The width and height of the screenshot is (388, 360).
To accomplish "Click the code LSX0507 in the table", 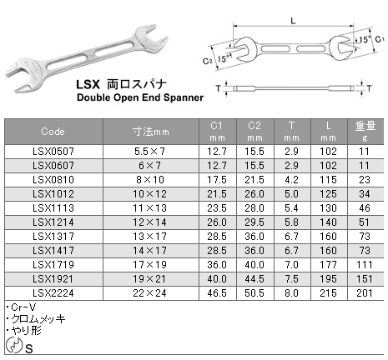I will (x=54, y=152).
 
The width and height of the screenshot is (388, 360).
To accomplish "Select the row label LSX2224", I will (x=54, y=294).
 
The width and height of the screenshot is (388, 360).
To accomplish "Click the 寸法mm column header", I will (x=151, y=132).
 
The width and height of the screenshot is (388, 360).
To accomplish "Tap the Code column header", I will (x=54, y=132).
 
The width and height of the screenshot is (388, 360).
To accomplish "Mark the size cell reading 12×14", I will (x=151, y=223).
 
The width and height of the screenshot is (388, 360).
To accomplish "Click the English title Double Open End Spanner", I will (x=139, y=97).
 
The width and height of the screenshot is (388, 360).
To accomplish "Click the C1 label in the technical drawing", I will (x=379, y=39).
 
